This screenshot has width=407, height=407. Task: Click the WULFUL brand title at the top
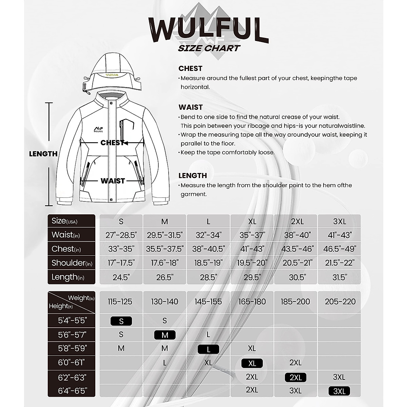coord(208,30)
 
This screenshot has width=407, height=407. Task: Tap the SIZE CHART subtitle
coord(209,48)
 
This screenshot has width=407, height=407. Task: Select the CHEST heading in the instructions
coord(190,69)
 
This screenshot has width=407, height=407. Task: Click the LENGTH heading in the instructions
coord(193,176)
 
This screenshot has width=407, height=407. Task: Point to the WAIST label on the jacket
coord(113,181)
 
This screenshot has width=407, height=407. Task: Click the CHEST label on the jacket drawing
coord(112,143)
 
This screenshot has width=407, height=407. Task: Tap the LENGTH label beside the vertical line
coord(43,154)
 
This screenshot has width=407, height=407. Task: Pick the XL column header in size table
coord(252,221)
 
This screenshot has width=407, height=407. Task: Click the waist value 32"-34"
coord(208,235)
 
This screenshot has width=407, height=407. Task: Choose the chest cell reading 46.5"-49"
coord(340,249)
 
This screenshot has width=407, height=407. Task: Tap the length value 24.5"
coord(121,277)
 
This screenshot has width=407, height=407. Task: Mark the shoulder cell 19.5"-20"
coord(252,263)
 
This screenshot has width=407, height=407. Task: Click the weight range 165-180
coord(252,302)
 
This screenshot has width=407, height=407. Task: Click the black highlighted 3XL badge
coord(339,391)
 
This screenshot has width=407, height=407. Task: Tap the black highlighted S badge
coord(121,321)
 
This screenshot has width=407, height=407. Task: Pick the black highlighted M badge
coord(165,335)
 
